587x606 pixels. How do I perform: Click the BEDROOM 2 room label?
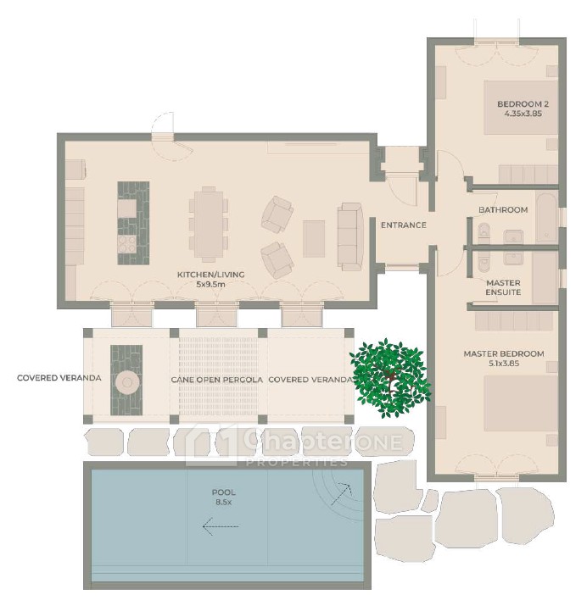pyautogui.click(x=523, y=104)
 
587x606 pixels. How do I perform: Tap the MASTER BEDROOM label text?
pyautogui.click(x=504, y=353)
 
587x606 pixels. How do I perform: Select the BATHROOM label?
pyautogui.click(x=503, y=210)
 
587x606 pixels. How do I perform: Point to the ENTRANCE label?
pyautogui.click(x=403, y=225)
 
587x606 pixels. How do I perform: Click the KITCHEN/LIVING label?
pyautogui.click(x=210, y=275)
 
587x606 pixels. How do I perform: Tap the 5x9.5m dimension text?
pyautogui.click(x=210, y=285)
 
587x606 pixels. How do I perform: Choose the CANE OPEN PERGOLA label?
pyautogui.click(x=216, y=380)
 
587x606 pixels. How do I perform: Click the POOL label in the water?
pyautogui.click(x=223, y=492)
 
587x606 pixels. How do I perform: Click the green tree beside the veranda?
pyautogui.click(x=390, y=379)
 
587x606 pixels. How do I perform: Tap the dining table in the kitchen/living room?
pyautogui.click(x=209, y=224)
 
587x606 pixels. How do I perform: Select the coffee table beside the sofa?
pyautogui.click(x=314, y=239)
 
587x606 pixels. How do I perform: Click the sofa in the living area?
pyautogui.click(x=350, y=236)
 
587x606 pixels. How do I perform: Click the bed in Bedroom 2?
pyautogui.click(x=521, y=108)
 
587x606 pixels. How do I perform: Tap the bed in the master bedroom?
pyautogui.click(x=521, y=403)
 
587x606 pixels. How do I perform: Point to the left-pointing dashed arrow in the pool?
pyautogui.click(x=221, y=526)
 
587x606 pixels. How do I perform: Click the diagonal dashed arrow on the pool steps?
pyautogui.click(x=341, y=494)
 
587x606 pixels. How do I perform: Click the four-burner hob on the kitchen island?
pyautogui.click(x=127, y=244)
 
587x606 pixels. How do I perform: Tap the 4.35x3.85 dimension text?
pyautogui.click(x=523, y=114)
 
